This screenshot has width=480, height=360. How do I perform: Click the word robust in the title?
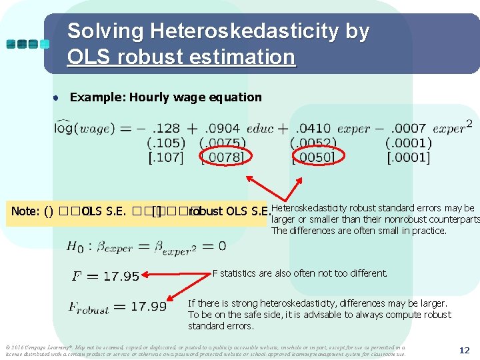149,57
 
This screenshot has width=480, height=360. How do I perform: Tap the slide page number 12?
464,349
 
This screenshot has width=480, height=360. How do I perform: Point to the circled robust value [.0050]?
315,157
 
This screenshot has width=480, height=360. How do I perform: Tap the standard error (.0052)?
314,143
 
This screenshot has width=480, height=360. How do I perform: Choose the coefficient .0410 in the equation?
313,128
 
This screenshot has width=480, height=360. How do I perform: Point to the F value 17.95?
120,276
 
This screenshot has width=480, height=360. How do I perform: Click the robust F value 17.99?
149,307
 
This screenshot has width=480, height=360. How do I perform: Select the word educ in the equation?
260,128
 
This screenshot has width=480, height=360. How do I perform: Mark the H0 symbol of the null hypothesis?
75,246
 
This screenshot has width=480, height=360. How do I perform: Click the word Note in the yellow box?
25,212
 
